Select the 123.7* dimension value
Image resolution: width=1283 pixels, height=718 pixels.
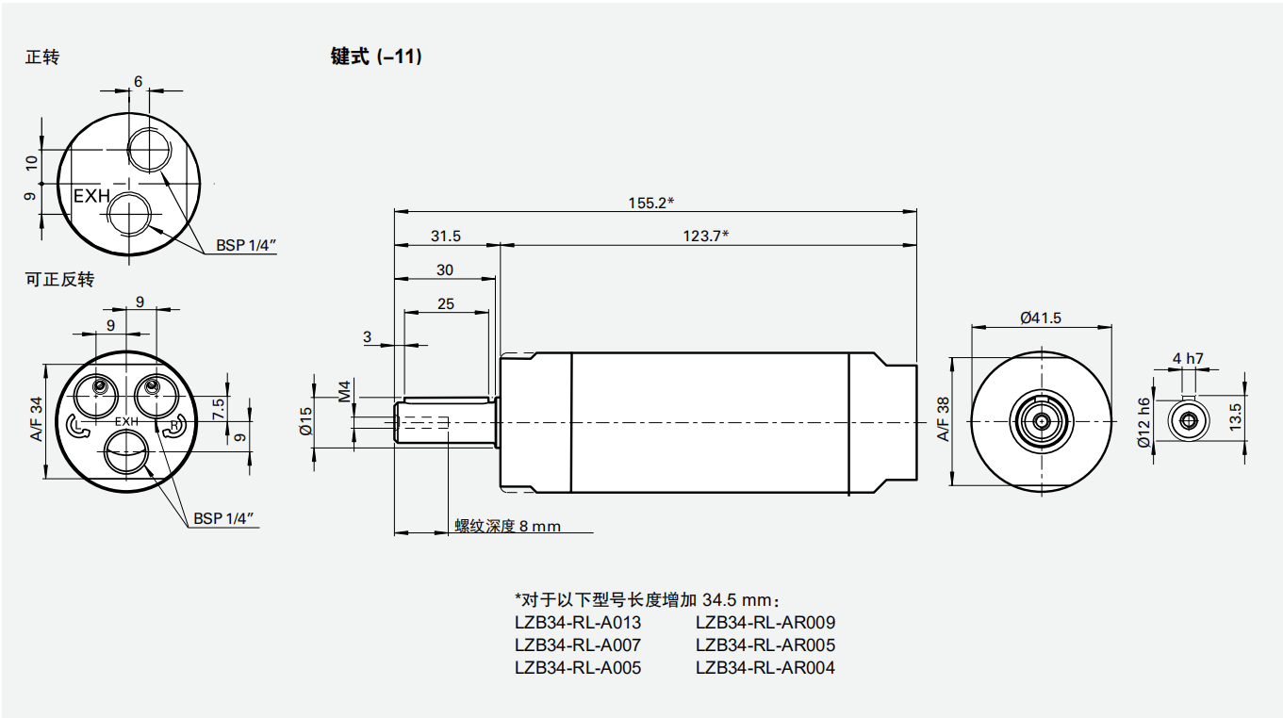click(x=706, y=237)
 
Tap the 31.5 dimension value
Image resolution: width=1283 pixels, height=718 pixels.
click(x=446, y=237)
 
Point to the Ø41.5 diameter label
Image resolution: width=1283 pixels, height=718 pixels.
click(x=1040, y=318)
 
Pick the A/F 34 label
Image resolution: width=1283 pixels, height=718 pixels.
click(x=37, y=419)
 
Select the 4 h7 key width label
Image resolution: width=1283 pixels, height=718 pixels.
click(x=1188, y=358)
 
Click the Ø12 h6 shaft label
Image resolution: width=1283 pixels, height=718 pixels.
click(x=1144, y=421)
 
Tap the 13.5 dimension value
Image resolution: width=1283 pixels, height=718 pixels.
click(x=1236, y=415)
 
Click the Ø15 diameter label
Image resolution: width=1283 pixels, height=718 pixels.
click(x=305, y=420)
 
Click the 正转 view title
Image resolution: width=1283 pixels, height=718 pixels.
click(x=42, y=57)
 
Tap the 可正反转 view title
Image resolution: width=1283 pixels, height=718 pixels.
click(x=60, y=280)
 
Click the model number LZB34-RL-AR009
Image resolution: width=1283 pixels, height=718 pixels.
click(x=765, y=623)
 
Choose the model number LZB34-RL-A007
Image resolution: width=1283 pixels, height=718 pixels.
click(x=577, y=645)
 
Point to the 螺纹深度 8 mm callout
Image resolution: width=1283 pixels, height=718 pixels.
click(x=507, y=526)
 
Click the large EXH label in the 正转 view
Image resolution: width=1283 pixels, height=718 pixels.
click(x=92, y=197)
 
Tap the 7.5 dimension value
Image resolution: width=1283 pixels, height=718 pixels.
click(x=219, y=408)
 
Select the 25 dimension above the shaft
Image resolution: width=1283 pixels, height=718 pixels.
click(x=446, y=303)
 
